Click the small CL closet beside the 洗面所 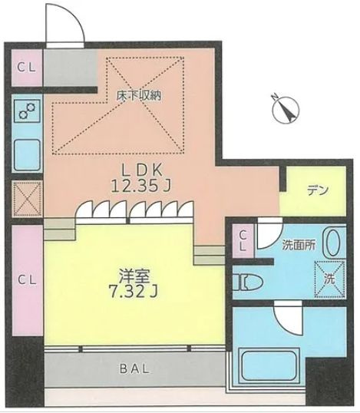click(x=243, y=242)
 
